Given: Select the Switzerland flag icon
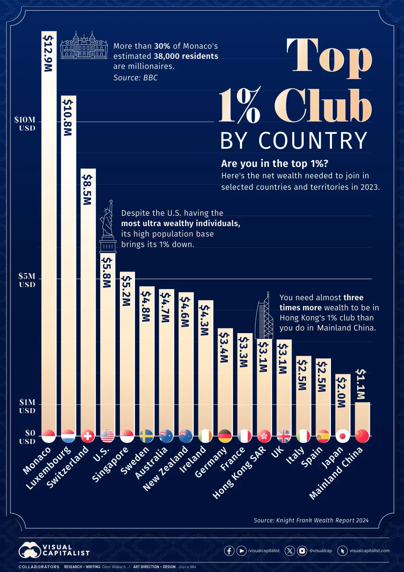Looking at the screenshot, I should point(88,436).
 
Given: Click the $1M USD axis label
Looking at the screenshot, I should point(27,406).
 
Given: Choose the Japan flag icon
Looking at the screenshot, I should point(343,436).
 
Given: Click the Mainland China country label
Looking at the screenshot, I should point(337,473).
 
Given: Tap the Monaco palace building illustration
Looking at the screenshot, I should point(84,45).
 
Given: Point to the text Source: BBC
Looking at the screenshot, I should point(135,78).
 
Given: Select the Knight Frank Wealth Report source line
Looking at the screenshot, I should point(311,520).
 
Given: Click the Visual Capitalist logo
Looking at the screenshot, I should point(54,550).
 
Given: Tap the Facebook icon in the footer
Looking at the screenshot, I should point(229,551).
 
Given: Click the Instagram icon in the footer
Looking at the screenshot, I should point(302,551).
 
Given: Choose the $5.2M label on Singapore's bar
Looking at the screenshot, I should point(126,291).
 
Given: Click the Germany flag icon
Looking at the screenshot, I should point(225,436).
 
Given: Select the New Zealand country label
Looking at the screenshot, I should point(166,468).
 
